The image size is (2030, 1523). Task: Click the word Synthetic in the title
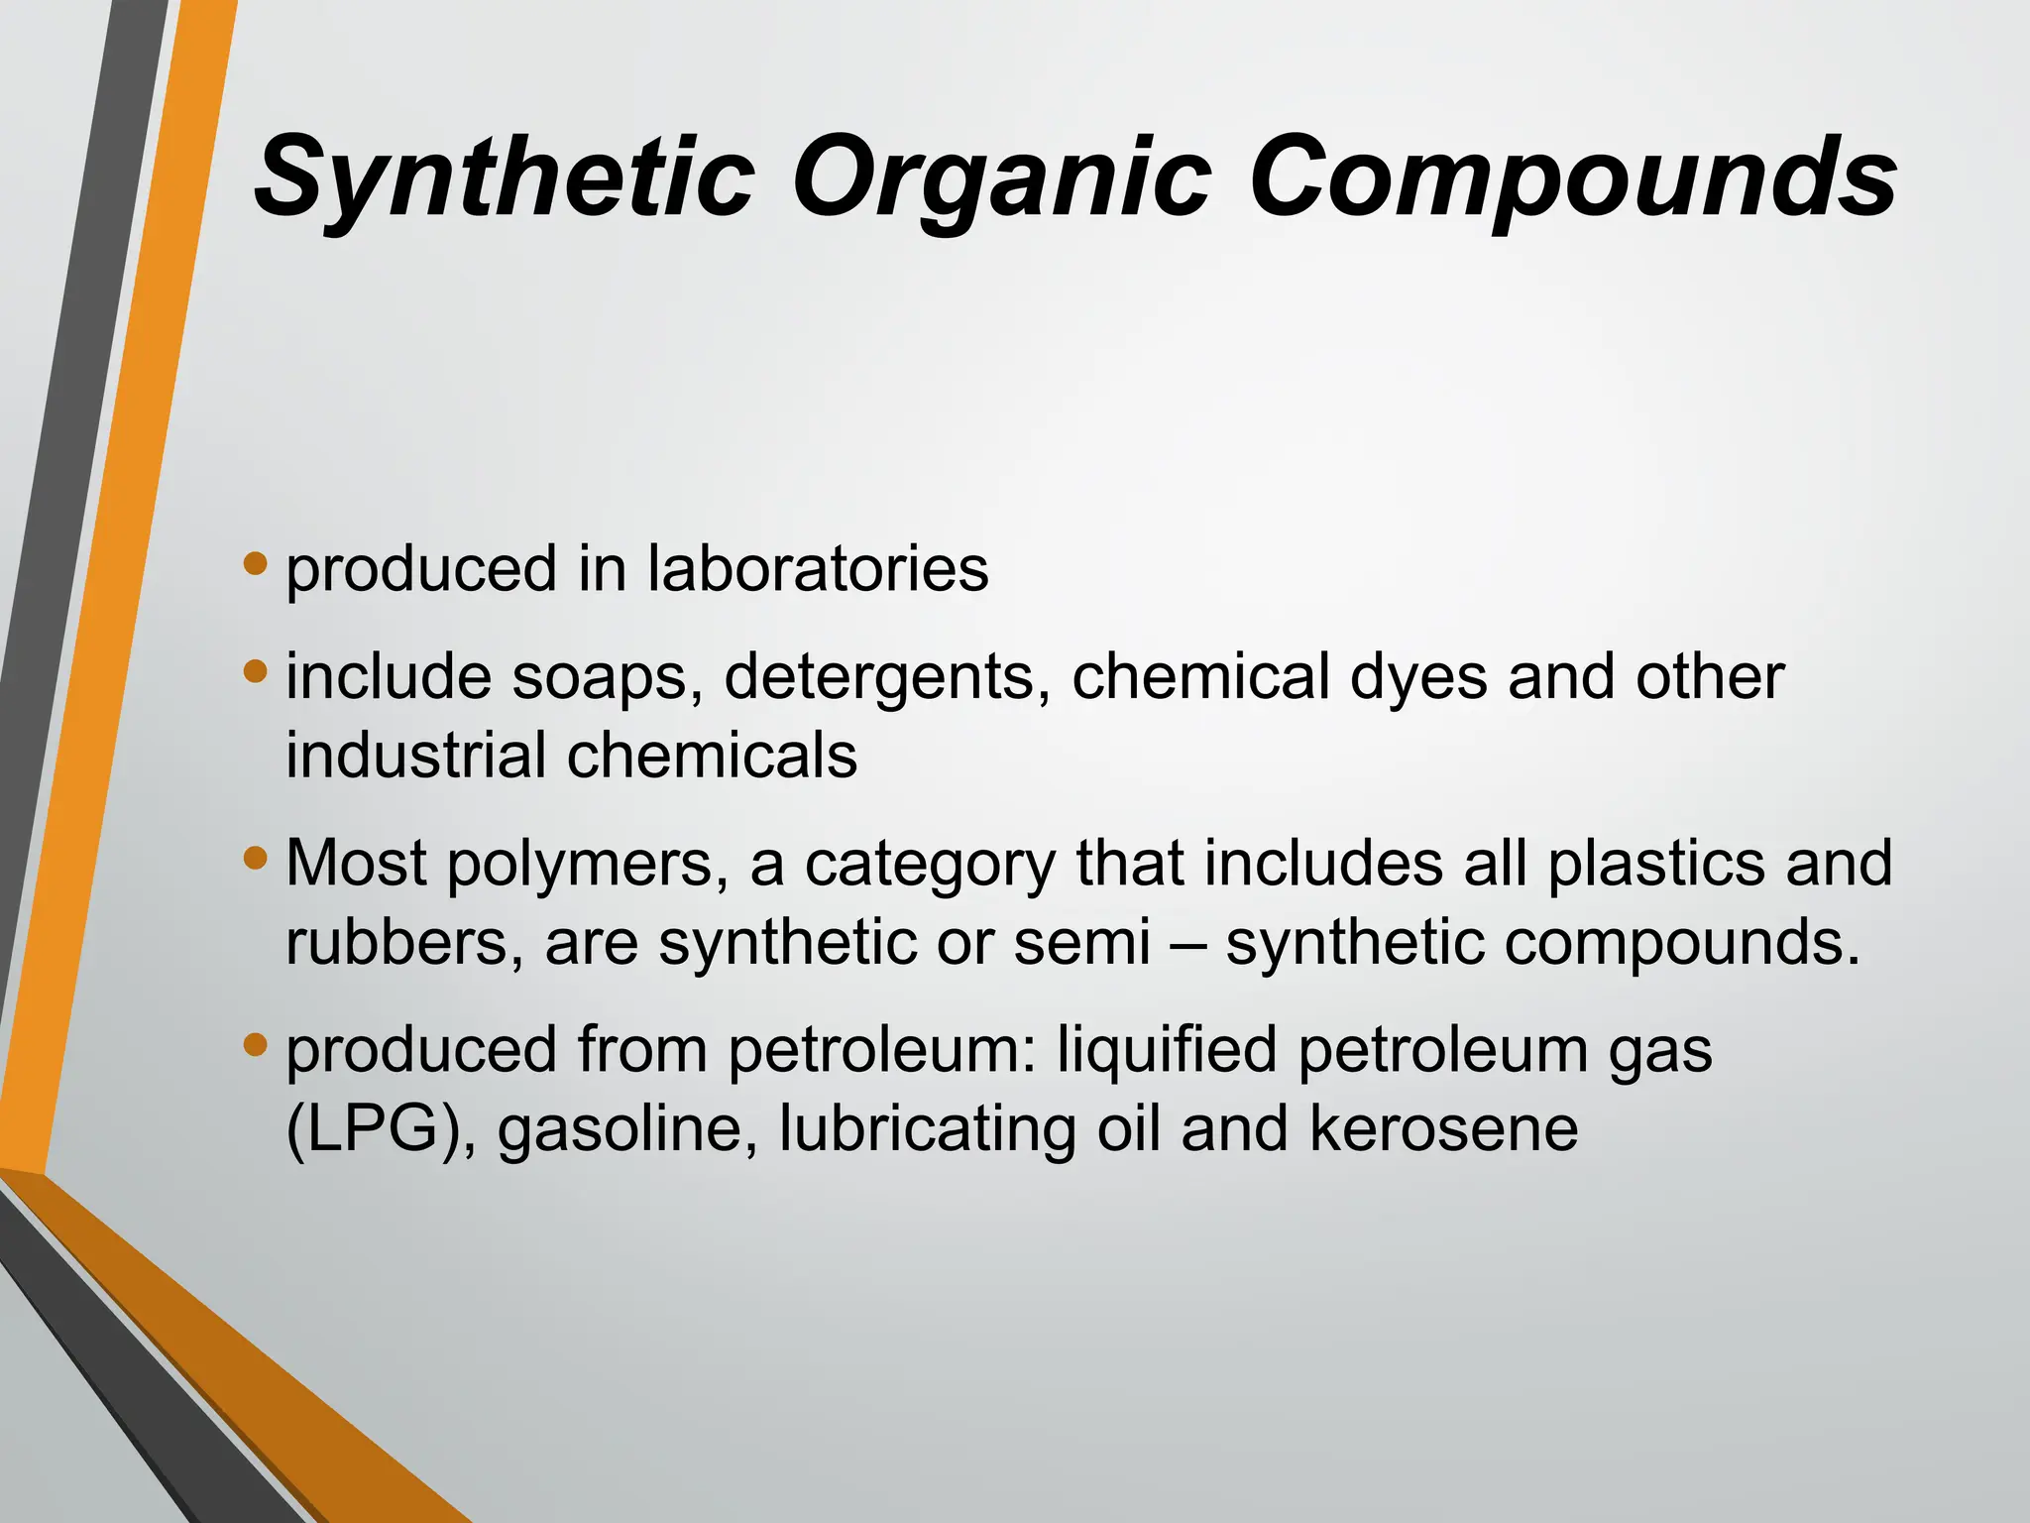pos(505,178)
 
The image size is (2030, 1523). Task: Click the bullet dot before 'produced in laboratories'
pos(256,564)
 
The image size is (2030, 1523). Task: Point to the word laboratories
pos(818,569)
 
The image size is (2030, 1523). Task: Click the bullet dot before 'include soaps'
pos(256,672)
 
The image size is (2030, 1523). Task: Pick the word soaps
pos(606,680)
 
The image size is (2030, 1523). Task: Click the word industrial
pos(416,756)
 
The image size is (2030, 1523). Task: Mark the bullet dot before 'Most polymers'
pos(256,858)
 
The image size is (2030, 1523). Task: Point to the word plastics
pos(1656,864)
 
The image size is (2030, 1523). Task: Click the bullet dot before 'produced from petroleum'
pos(256,1044)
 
